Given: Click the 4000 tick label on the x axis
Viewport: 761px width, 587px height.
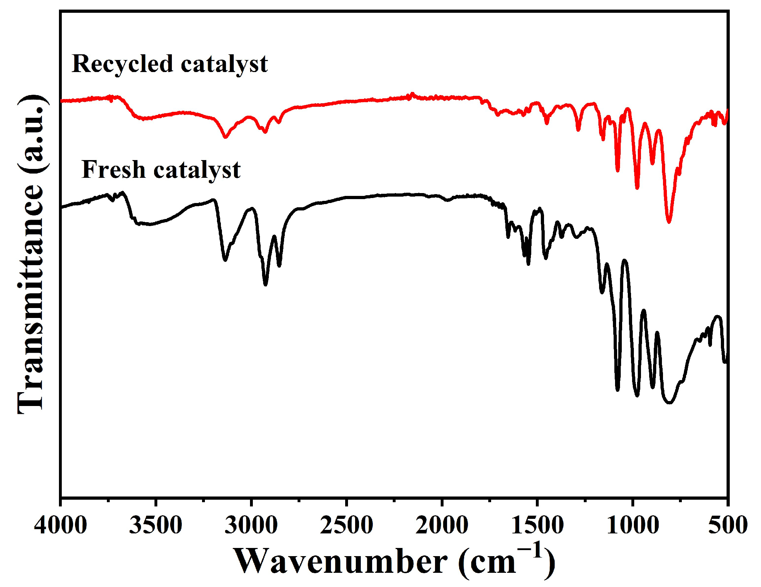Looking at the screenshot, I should pos(60,525).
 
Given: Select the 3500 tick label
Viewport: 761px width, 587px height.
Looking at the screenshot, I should pos(156,525).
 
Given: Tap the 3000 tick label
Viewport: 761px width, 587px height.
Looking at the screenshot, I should pos(251,525).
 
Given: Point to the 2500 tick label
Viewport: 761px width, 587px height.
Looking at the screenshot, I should pos(346,525).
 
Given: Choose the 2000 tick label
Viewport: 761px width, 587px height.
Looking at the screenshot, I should pos(442,525).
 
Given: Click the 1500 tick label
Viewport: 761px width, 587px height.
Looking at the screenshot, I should pos(537,525).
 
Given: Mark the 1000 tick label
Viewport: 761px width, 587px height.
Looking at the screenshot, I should pos(632,525).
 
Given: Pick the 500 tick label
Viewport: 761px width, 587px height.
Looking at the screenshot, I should pos(728,525).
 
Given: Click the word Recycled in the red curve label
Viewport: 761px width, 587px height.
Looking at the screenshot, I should pos(123,65).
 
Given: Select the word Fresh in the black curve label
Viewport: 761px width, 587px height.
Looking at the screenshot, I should pos(114,170).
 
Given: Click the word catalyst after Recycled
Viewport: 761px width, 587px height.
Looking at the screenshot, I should pos(224,65).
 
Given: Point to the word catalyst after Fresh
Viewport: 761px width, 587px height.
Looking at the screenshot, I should pos(197,170).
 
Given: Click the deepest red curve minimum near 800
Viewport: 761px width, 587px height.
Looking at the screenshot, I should pos(669,222).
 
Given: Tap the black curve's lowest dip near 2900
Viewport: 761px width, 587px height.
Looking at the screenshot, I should pos(265,284).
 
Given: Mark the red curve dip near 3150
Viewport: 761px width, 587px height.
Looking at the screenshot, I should pos(225,137).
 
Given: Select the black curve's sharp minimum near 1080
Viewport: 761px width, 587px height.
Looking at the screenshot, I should pos(618,390).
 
